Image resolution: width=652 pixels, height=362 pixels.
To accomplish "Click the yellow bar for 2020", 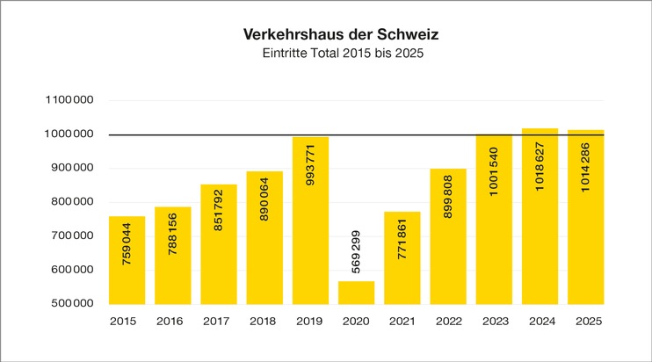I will (356, 293).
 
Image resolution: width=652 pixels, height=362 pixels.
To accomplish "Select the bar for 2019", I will (310, 220).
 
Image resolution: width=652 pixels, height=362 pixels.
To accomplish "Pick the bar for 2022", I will (447, 236).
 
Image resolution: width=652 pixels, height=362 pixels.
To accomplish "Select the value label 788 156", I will (173, 262).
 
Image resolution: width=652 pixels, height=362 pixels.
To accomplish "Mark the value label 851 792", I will (219, 234).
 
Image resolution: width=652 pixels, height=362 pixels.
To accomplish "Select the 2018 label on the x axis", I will (264, 322).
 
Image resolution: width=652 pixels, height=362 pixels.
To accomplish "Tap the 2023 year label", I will (493, 322).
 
